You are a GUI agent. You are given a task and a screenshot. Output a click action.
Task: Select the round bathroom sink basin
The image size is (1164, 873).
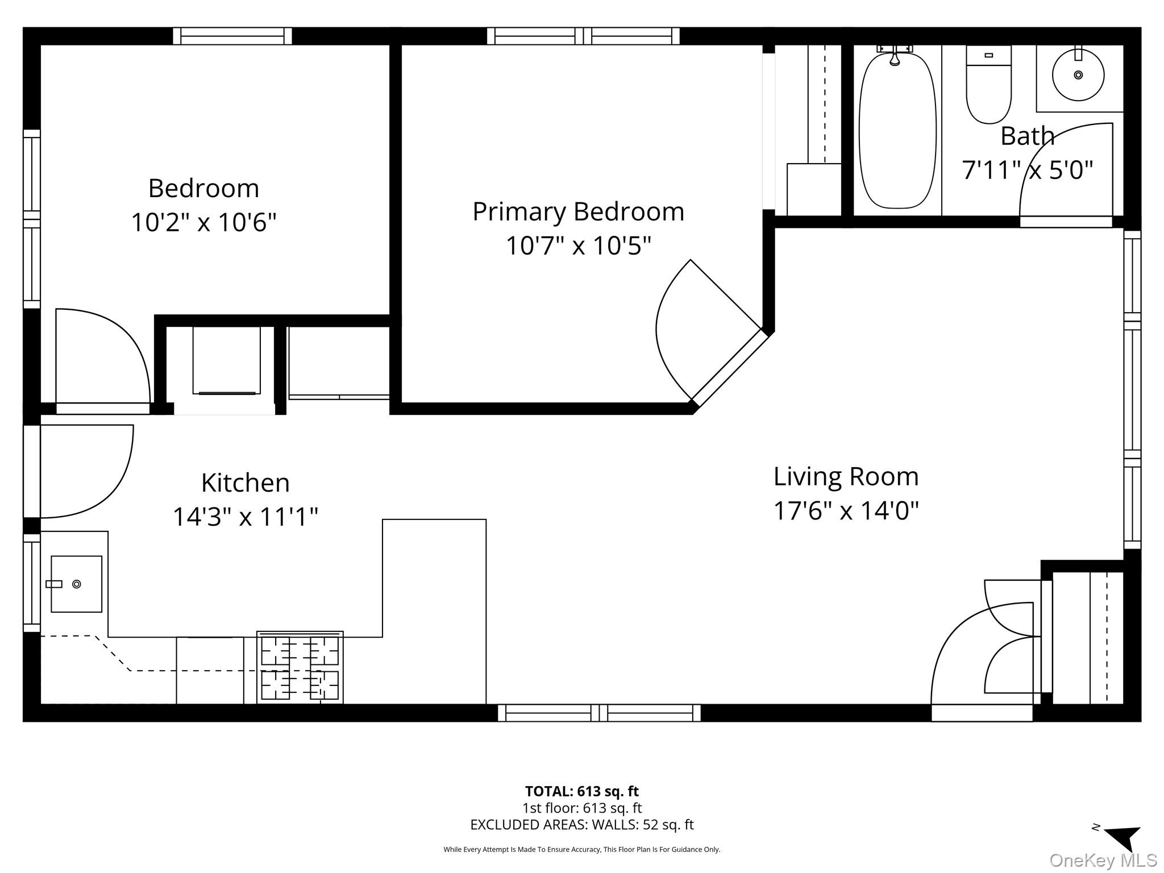(1078, 75)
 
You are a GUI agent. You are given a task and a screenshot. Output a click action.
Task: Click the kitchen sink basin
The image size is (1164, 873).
(76, 584)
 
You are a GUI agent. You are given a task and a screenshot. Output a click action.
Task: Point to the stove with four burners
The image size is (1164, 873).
(300, 667)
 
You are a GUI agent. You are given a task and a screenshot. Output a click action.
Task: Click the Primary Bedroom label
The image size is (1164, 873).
(578, 212)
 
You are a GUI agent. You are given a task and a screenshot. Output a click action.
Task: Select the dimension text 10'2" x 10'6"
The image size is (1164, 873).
(203, 222)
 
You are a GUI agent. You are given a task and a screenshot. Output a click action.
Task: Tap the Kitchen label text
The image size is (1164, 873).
(245, 483)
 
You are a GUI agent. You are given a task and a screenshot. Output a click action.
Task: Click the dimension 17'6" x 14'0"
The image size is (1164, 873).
(846, 510)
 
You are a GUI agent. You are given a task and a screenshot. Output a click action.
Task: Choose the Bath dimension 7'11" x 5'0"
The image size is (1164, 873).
(1027, 170)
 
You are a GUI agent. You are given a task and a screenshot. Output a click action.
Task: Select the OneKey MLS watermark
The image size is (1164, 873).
(1103, 860)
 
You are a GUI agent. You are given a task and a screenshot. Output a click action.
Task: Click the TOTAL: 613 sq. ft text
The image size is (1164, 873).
(581, 791)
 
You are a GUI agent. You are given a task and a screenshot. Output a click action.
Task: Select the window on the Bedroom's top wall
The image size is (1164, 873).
(232, 36)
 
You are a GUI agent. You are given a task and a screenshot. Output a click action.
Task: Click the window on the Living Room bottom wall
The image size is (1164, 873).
(599, 712)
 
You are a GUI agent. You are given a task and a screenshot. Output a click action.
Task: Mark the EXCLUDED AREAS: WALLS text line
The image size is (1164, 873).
(581, 825)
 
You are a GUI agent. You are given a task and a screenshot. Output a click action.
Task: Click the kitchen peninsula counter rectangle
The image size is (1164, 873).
(434, 611)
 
